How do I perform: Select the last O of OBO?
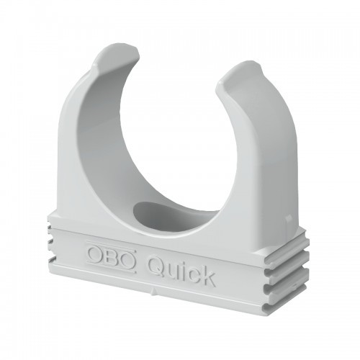[128, 258]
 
